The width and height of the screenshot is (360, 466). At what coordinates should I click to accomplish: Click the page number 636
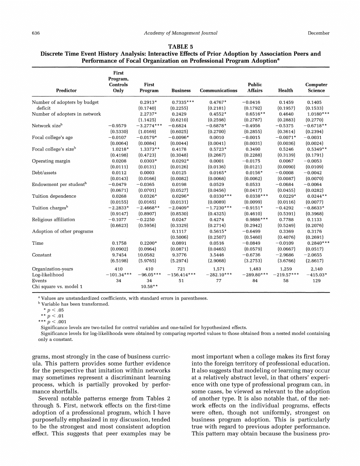point(36,33)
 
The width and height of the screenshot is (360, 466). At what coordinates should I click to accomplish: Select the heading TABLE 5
point(180,47)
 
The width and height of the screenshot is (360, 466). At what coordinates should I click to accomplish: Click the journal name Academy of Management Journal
point(180,33)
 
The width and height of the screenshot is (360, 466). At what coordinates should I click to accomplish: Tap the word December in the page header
point(318,33)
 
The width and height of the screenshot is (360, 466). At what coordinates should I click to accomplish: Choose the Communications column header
point(218,91)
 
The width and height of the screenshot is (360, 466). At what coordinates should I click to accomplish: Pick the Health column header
point(285,91)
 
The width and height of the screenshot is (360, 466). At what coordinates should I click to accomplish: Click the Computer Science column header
point(316,87)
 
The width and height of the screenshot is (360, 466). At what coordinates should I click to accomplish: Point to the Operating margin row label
point(51,161)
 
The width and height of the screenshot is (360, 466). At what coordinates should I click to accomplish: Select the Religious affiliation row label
point(53,220)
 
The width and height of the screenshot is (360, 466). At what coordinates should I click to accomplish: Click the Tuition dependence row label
point(54,196)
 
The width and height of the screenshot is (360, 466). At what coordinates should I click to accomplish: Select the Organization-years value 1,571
point(218,269)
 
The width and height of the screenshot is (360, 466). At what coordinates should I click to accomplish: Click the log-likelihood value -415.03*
point(316,275)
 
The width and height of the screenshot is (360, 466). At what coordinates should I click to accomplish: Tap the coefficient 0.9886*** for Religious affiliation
point(256,220)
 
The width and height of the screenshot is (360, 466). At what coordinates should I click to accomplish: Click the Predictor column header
point(66,91)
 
